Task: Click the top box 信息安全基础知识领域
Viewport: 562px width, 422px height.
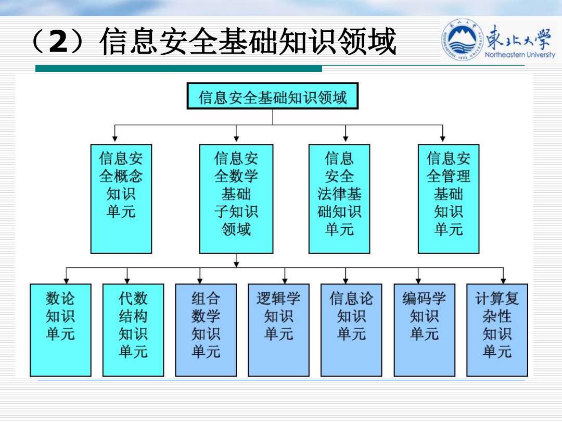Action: pyautogui.click(x=272, y=96)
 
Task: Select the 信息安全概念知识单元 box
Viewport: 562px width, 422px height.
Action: pyautogui.click(x=121, y=199)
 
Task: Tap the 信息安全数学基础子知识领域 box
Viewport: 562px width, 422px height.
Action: pyautogui.click(x=236, y=199)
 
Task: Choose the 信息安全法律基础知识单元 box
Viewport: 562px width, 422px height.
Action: pyautogui.click(x=339, y=199)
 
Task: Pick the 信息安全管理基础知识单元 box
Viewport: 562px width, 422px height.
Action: pyautogui.click(x=449, y=199)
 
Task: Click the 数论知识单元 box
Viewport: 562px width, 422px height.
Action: pyautogui.click(x=60, y=330)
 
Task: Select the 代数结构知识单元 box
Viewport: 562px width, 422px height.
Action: pyautogui.click(x=133, y=330)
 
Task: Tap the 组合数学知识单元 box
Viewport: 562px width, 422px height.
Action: pyautogui.click(x=206, y=330)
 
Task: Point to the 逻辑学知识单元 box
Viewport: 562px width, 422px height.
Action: pyautogui.click(x=278, y=330)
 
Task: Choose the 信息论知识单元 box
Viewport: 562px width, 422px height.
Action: pyautogui.click(x=351, y=330)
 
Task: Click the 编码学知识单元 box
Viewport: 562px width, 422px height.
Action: pyautogui.click(x=425, y=330)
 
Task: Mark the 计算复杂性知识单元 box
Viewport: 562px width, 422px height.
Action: pyautogui.click(x=497, y=330)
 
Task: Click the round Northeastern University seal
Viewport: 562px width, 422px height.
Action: pyautogui.click(x=463, y=40)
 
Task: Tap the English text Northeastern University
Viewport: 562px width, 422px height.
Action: pyautogui.click(x=520, y=55)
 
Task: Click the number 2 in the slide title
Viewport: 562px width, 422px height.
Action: pyautogui.click(x=58, y=42)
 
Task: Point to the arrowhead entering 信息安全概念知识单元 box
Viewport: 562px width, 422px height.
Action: pyautogui.click(x=114, y=139)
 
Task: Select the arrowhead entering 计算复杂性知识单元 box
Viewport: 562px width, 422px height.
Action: pyautogui.click(x=504, y=281)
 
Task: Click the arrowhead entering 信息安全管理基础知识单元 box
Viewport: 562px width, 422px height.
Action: pyautogui.click(x=443, y=139)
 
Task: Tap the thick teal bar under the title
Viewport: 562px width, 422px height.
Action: pyautogui.click(x=178, y=69)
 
